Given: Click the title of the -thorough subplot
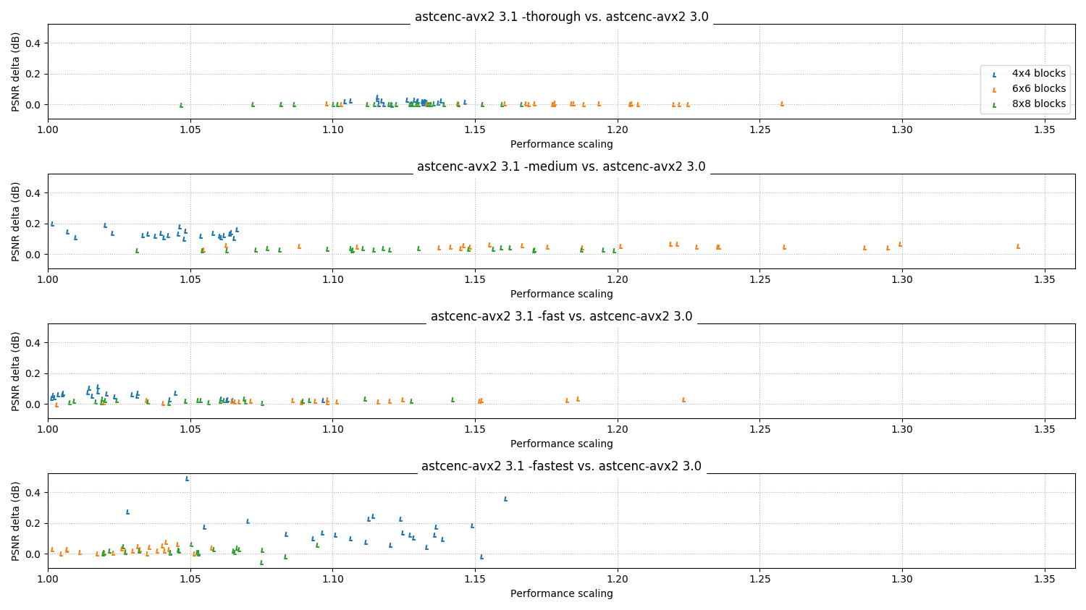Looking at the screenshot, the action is pyautogui.click(x=561, y=17).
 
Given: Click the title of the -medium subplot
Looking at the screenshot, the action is pyautogui.click(x=561, y=166).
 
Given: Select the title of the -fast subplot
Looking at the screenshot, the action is pyautogui.click(x=561, y=316).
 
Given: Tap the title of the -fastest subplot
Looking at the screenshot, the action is pyautogui.click(x=561, y=466).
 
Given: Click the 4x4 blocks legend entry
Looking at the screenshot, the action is pyautogui.click(x=1028, y=74).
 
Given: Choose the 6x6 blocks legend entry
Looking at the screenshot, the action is pyautogui.click(x=1028, y=89).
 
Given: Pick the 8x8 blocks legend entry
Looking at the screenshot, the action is pyautogui.click(x=1028, y=103).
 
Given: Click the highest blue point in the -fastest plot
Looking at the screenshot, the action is pyautogui.click(x=187, y=479).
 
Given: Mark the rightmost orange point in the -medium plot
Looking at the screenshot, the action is pyautogui.click(x=1018, y=247).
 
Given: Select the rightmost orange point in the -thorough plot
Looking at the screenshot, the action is pyautogui.click(x=782, y=103).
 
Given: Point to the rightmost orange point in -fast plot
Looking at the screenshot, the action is pyautogui.click(x=683, y=399).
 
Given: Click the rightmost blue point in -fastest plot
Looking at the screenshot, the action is pyautogui.click(x=505, y=499).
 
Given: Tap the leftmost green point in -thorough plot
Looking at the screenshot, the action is pyautogui.click(x=181, y=105).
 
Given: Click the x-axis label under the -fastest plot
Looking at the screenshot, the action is pyautogui.click(x=561, y=593).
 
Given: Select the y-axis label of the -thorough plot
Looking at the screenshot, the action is pyautogui.click(x=15, y=72).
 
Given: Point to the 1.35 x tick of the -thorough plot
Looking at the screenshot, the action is pyautogui.click(x=1045, y=130).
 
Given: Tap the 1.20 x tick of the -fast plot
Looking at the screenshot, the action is pyautogui.click(x=618, y=429).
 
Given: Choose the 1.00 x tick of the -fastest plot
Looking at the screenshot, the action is pyautogui.click(x=48, y=579).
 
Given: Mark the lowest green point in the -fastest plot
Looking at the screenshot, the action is pyautogui.click(x=261, y=562).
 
